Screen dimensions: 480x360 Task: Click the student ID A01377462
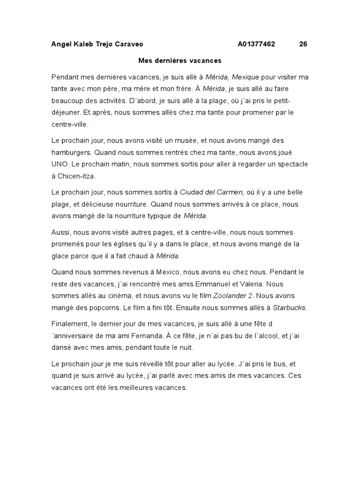(256, 45)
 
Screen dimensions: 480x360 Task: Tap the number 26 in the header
(303, 45)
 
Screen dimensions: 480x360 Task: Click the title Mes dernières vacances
(180, 60)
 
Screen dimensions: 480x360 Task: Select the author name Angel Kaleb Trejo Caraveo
(97, 45)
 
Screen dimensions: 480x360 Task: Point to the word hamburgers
(71, 152)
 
